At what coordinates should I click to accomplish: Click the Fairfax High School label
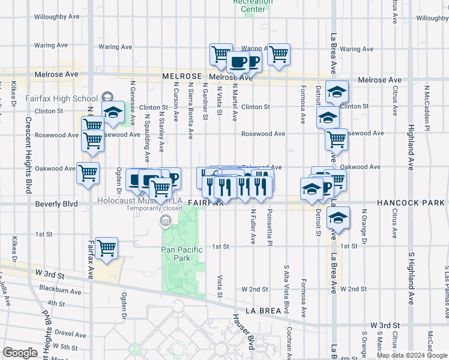tap(61, 98)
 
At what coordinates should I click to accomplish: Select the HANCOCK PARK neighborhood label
tap(411, 203)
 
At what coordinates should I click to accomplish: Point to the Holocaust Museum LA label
tap(139, 200)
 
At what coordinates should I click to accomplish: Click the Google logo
tap(20, 353)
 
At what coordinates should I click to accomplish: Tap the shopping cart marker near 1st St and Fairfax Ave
tap(106, 248)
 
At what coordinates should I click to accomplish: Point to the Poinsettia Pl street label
tap(270, 227)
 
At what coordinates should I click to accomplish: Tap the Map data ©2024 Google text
tap(411, 355)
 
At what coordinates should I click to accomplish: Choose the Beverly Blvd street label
tap(56, 204)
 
